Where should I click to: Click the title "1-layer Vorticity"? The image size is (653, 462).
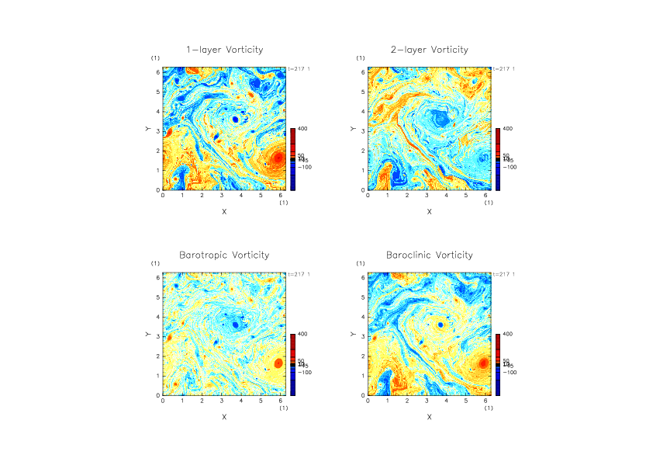[x=224, y=50]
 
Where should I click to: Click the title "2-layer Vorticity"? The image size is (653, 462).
[x=429, y=50]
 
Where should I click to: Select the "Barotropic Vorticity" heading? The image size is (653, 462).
[x=224, y=255]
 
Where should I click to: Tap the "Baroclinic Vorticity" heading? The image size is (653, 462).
[x=429, y=255]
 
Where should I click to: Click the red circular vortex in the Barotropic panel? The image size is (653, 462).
[x=278, y=363]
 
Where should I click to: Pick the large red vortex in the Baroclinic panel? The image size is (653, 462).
[x=482, y=363]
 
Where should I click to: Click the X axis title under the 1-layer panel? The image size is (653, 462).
[x=224, y=211]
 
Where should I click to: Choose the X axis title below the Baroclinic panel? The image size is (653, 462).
[x=429, y=416]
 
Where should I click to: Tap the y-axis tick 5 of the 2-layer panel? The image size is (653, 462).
[x=363, y=92]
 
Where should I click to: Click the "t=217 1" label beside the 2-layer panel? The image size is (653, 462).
[x=505, y=69]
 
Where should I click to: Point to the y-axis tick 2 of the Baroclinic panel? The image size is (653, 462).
[x=363, y=356]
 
